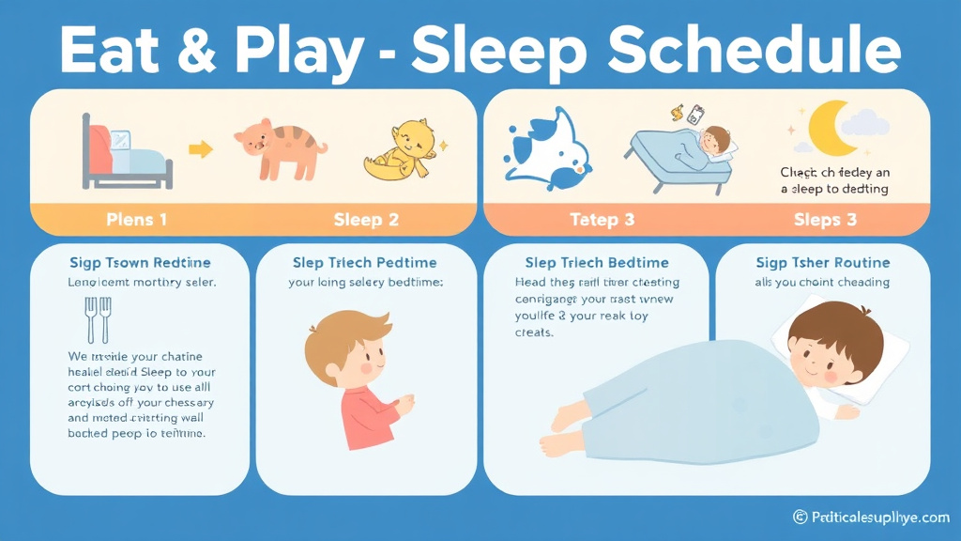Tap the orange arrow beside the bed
click(200, 148)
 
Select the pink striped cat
click(280, 147)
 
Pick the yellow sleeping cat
click(399, 151)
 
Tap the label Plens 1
click(136, 220)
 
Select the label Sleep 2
click(366, 220)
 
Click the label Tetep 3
click(602, 220)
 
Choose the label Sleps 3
click(825, 220)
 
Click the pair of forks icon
click(97, 319)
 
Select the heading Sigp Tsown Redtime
click(140, 262)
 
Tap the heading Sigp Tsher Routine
click(821, 262)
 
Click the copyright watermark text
click(871, 518)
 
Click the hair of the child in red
click(351, 329)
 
